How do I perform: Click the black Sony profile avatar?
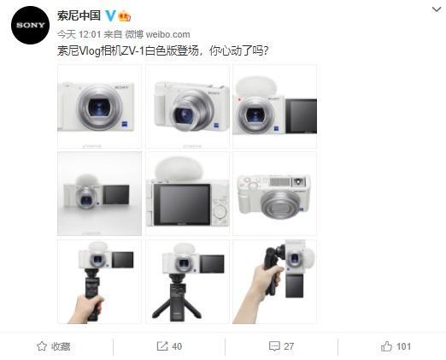[x=30, y=25]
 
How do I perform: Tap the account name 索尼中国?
[x=79, y=15]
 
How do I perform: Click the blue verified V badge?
[x=110, y=16]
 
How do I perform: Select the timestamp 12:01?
[x=90, y=34]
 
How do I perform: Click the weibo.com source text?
[x=167, y=34]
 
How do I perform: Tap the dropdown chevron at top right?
[x=437, y=9]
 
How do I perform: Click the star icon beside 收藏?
[x=42, y=346]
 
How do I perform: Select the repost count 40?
[x=177, y=346]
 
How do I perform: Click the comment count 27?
[x=289, y=346]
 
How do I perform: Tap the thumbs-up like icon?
[x=386, y=346]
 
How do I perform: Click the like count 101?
[x=403, y=346]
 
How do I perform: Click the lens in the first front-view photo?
[x=99, y=108]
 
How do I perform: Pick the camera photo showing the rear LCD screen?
[x=187, y=194]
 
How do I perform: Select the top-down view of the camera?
[x=274, y=194]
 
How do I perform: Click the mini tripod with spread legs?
[x=177, y=298]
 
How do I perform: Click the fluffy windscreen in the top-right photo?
[x=255, y=86]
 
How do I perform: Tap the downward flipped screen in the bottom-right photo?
[x=295, y=286]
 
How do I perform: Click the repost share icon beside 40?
[x=162, y=346]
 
